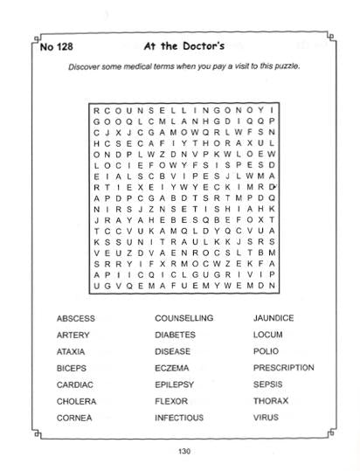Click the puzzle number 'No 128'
click(58, 48)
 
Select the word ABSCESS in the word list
click(75, 318)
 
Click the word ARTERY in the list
click(73, 335)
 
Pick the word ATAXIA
click(72, 351)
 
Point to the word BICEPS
click(71, 368)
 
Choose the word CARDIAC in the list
click(75, 384)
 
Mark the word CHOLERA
click(76, 401)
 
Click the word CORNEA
click(73, 418)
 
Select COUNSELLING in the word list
click(183, 318)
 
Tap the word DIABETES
click(175, 335)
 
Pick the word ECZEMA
click(171, 368)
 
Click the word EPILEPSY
click(174, 384)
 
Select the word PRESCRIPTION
click(284, 368)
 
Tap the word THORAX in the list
click(270, 401)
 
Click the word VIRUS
click(266, 418)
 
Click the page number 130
click(183, 451)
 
